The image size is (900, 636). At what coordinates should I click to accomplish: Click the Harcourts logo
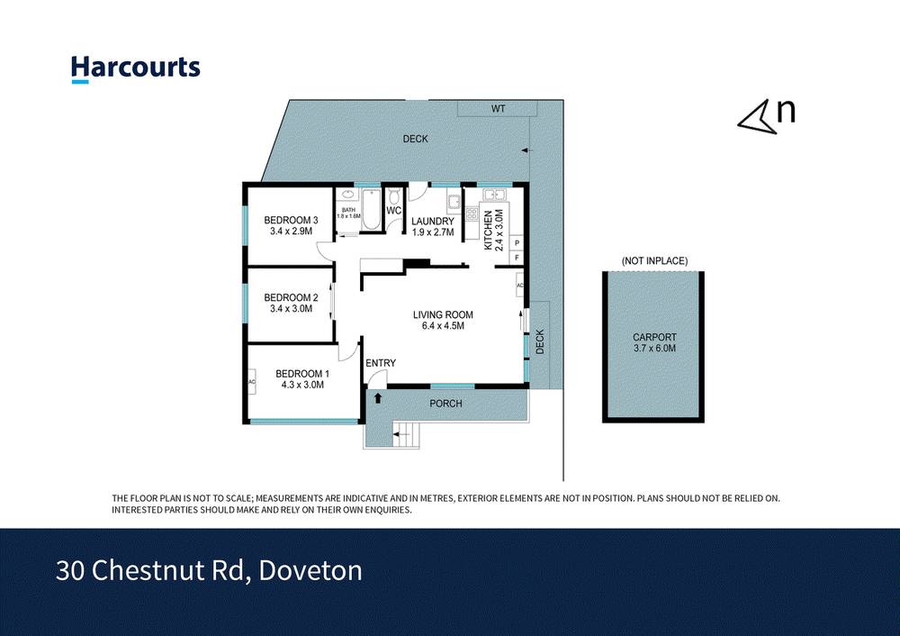coord(135,68)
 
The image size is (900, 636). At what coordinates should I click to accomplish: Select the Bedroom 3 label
coord(291,220)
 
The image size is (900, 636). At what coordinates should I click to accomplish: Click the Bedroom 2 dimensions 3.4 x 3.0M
coord(291,309)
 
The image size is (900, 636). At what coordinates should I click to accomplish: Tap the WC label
coord(393,211)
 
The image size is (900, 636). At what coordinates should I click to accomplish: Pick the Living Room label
coord(443,314)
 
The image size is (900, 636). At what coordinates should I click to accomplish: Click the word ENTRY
coord(381,363)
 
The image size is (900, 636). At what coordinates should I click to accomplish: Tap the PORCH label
coord(445,404)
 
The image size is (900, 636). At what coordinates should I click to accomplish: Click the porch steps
coord(407,435)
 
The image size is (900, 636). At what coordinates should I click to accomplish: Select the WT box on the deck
coord(498,109)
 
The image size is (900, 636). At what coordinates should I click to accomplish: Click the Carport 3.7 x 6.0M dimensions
coord(654,348)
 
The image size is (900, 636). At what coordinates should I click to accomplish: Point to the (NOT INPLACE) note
coord(654,261)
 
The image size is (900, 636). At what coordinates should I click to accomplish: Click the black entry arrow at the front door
coord(378,396)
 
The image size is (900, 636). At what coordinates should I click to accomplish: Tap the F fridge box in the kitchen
coord(517,258)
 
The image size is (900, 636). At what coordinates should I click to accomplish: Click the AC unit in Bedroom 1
coord(252,381)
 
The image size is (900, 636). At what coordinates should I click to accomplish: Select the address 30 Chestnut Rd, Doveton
coord(209,570)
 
